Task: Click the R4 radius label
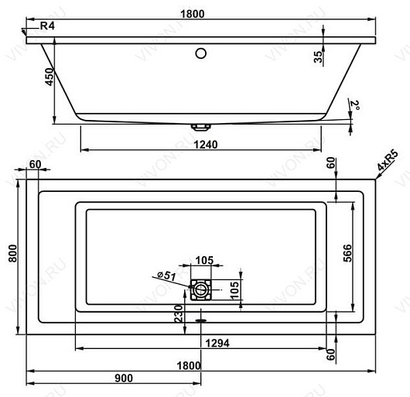point(47,26)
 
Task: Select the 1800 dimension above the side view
point(193,14)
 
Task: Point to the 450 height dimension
point(50,77)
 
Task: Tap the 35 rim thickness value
point(318,56)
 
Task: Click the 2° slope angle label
point(354,105)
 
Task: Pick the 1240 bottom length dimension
point(206,145)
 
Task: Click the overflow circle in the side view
point(201,53)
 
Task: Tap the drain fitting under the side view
point(201,127)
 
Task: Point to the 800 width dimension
point(12,253)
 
